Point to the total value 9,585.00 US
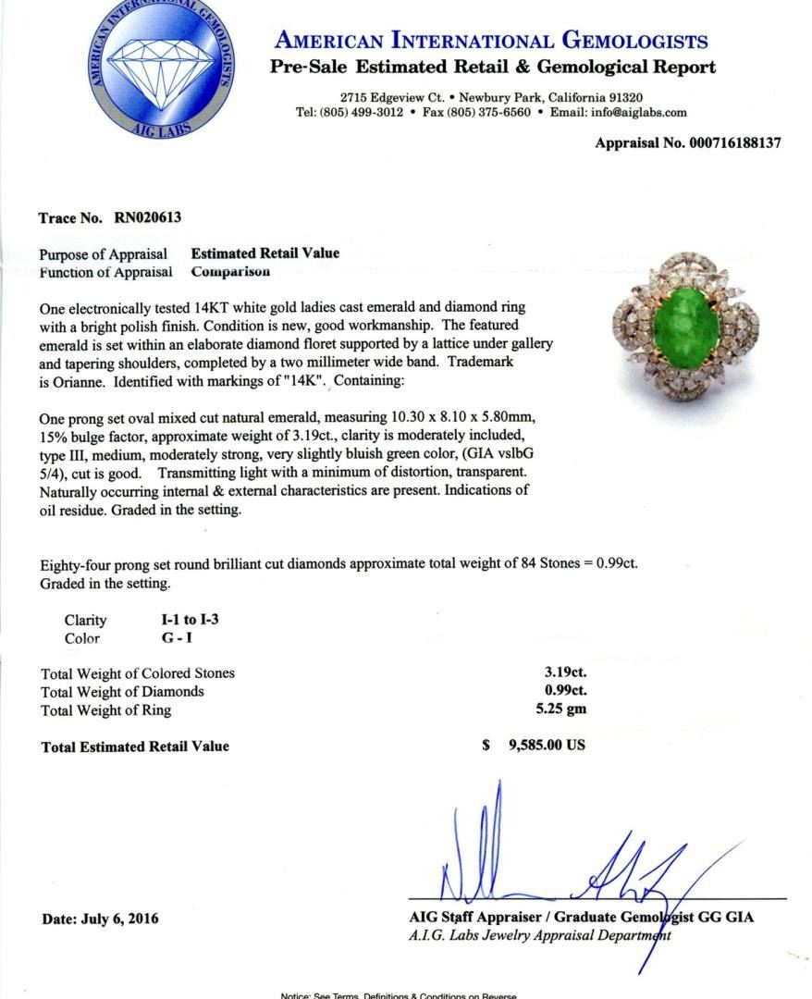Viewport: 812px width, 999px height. (x=546, y=746)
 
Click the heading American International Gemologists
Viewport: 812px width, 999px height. (x=491, y=42)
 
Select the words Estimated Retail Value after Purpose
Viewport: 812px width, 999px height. (x=265, y=253)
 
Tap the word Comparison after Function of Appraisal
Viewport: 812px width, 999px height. (x=230, y=272)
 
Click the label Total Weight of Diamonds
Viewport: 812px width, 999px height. (x=123, y=691)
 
